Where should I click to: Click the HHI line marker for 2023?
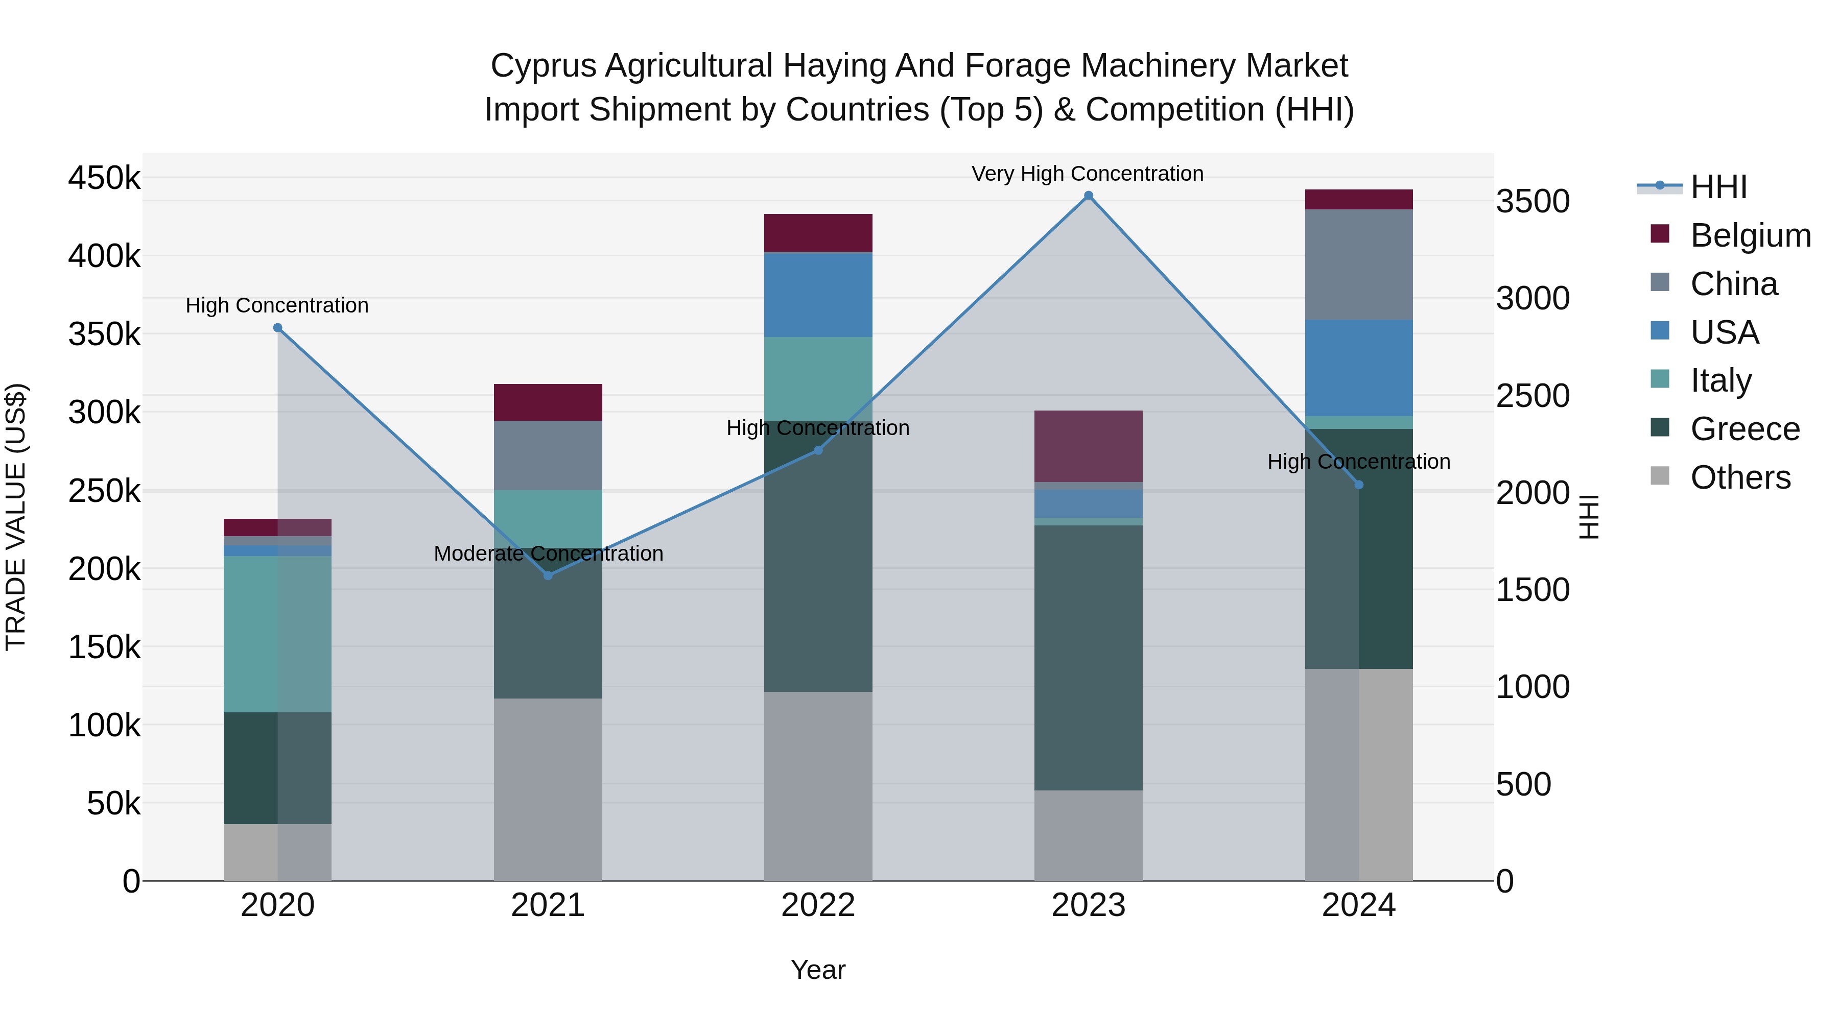tap(1088, 196)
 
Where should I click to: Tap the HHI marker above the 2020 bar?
tap(278, 327)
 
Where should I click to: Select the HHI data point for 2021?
tap(548, 575)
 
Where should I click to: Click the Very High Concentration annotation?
tap(1087, 174)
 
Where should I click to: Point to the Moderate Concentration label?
tap(548, 554)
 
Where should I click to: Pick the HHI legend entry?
tap(1718, 187)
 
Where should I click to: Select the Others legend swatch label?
tap(1740, 477)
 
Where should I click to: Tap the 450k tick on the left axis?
tap(104, 178)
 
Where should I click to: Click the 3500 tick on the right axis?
tap(1532, 201)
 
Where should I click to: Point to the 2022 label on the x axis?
tap(818, 905)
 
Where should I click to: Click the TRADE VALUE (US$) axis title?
tap(16, 517)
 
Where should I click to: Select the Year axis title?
tap(818, 970)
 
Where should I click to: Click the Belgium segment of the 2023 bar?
tap(1088, 446)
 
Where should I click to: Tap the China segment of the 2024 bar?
tap(1358, 264)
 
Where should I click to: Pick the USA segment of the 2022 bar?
tap(818, 294)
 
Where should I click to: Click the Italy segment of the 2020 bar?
tap(278, 633)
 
